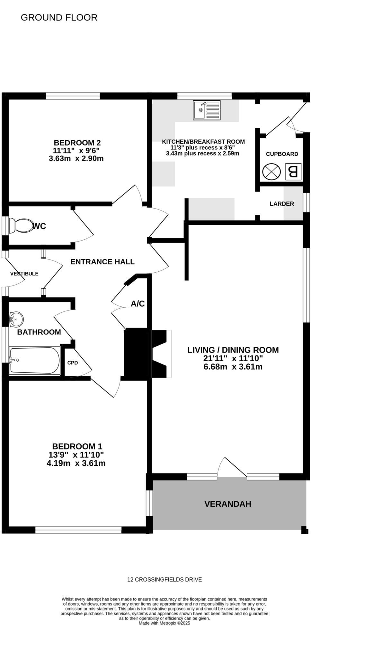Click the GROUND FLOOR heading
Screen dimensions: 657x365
pos(59,18)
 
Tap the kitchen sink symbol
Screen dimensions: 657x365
pos(207,110)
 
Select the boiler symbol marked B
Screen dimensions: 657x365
pos(293,172)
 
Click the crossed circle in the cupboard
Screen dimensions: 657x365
pos(272,172)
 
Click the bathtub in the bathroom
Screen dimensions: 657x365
pos(34,360)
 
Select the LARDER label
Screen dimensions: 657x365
pos(281,204)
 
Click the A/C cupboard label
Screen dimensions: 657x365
pos(138,303)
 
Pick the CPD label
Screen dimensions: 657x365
pos(73,363)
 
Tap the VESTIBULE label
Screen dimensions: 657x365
pos(24,274)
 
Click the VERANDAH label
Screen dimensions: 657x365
pos(227,504)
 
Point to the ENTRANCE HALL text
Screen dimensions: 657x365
pos(102,262)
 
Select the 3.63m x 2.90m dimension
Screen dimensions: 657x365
pos(76,158)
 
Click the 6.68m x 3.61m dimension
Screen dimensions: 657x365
pos(233,367)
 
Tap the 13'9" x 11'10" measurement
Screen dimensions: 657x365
pos(76,455)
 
